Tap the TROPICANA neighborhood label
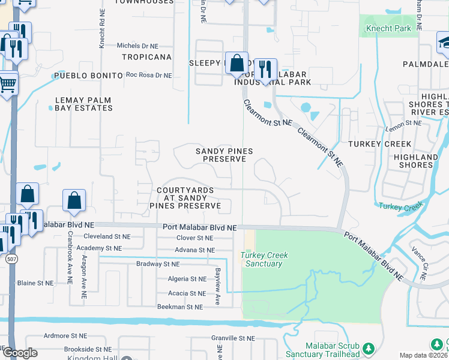pos(146,57)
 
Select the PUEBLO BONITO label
pos(88,76)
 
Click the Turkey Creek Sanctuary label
pos(264,259)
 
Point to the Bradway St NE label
pos(158,264)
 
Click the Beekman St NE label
pos(179,307)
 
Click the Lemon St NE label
pos(403,122)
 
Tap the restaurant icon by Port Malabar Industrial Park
pos(265,68)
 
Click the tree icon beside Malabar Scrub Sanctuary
pos(369,348)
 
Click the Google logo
pos(20,353)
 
